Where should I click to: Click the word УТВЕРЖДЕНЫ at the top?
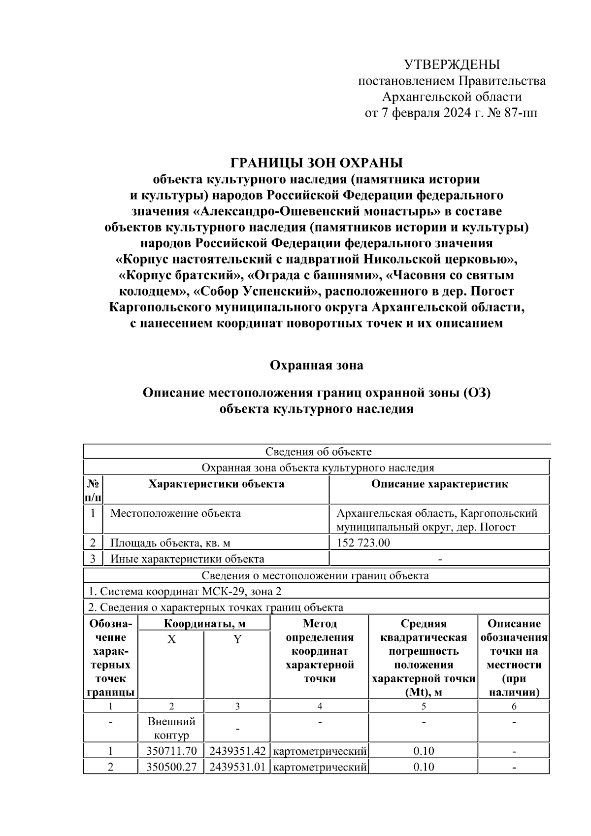pos(452,65)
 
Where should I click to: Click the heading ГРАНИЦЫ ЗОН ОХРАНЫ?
pos(317,163)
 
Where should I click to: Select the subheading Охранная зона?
pos(317,365)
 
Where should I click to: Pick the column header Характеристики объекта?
pos(216,484)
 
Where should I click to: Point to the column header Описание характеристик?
pos(439,484)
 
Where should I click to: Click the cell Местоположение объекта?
pos(175,513)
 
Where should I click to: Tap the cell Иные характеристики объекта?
pos(187,559)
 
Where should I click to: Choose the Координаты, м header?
pos(204,624)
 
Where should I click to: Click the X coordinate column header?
pos(171,639)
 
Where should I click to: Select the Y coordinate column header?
pos(237,639)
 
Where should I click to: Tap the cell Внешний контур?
pos(171,728)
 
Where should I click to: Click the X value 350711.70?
pos(171,751)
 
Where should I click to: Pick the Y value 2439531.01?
pos(237,767)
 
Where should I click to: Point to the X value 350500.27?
pos(171,767)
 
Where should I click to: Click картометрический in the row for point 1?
pos(320,751)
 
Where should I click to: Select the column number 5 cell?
pos(424,706)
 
